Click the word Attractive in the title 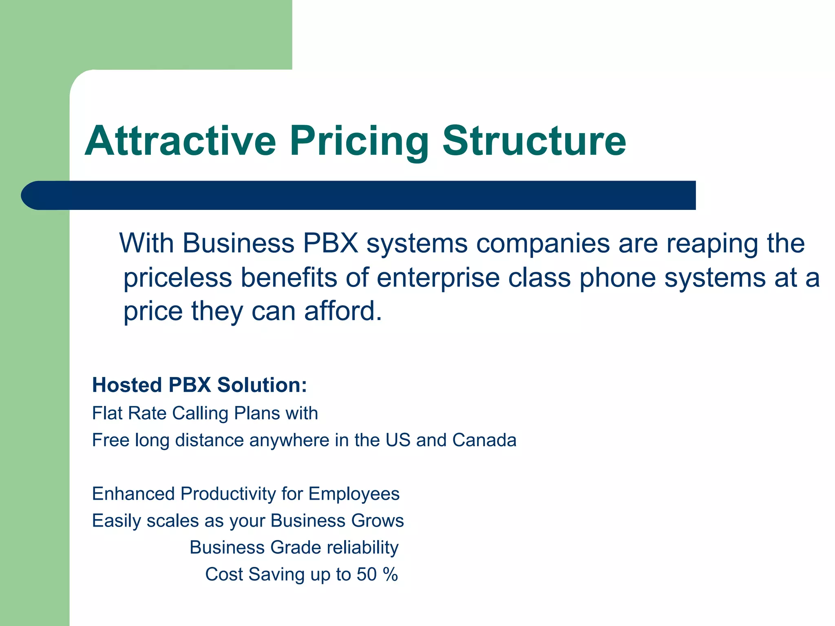181,141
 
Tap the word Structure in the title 534,141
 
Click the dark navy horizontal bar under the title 359,195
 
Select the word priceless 178,278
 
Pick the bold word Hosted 127,385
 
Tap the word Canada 484,441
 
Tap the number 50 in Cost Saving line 367,575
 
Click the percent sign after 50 390,575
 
